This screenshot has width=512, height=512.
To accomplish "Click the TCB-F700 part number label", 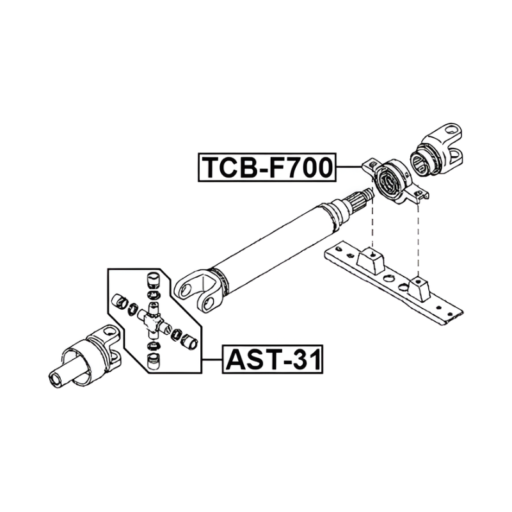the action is [x=267, y=167].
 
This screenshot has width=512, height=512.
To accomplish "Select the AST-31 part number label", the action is [x=273, y=359].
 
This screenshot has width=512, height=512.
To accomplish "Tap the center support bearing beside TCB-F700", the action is [x=395, y=181].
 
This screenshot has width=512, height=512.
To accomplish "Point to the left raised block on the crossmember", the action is [x=370, y=260].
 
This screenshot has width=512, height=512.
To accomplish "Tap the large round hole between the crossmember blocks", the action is [x=388, y=278].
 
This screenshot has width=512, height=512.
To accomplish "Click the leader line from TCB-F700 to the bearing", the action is [x=349, y=167].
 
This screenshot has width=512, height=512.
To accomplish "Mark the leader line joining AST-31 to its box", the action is [x=212, y=359].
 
